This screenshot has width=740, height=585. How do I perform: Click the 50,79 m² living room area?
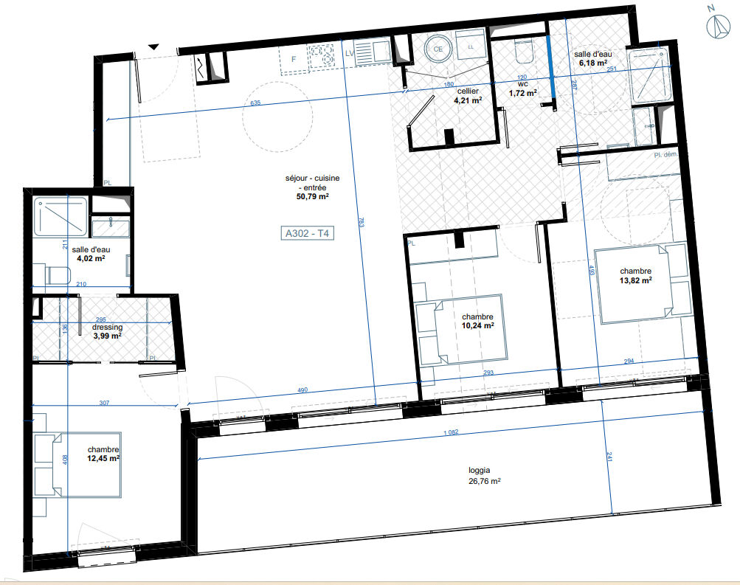(308, 197)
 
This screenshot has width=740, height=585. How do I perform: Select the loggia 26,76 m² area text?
(484, 481)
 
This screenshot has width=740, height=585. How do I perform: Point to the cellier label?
(468, 91)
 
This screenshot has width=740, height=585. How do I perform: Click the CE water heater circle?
(438, 49)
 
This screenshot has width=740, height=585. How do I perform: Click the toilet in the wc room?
(524, 52)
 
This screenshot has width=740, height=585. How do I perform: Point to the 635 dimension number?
(256, 103)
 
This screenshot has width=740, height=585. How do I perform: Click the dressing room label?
(106, 327)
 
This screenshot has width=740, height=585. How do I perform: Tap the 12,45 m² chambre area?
(103, 458)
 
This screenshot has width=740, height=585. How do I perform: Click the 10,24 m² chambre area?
(477, 325)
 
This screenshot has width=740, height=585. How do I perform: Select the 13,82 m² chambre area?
(635, 280)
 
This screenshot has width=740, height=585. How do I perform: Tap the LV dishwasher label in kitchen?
(350, 54)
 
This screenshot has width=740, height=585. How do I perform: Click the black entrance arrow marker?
(153, 46)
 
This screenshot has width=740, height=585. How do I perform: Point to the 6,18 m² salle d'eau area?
(592, 64)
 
